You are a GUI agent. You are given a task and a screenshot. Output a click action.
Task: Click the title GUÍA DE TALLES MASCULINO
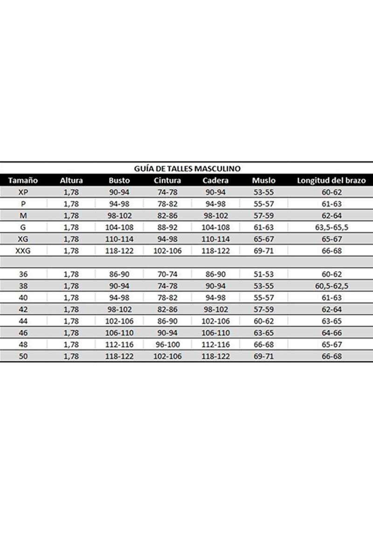point(187,168)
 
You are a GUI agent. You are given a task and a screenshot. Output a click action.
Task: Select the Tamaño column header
point(23,180)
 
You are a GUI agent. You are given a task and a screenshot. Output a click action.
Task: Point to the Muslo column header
point(263,180)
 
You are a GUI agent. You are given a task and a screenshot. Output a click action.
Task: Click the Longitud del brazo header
point(331,180)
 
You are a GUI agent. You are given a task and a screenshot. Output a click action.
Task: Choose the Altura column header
point(71,180)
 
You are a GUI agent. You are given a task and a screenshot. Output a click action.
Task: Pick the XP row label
point(23,192)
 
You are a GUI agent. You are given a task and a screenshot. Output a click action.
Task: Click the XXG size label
point(23,251)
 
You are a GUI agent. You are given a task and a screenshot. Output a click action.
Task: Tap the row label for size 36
point(23,274)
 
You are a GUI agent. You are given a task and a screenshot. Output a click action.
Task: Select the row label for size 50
point(23,356)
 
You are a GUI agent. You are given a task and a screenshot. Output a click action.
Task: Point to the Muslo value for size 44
point(263,321)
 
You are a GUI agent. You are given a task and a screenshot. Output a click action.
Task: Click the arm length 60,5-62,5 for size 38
point(331,286)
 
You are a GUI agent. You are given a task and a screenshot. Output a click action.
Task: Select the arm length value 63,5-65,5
point(331,227)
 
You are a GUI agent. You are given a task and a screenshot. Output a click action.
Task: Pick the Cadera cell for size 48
point(215,344)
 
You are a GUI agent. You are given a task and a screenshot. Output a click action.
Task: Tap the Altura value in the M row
point(71,216)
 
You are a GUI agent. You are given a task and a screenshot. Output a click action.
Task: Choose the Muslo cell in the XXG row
point(263,251)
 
